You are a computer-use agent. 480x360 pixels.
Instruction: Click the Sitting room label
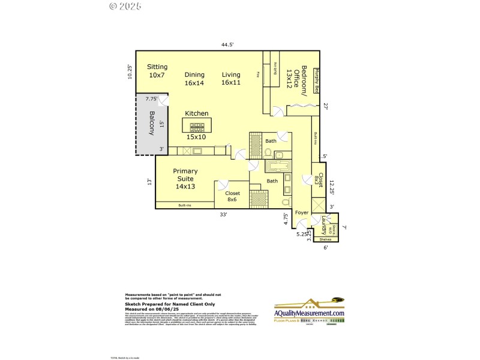tap(157, 71)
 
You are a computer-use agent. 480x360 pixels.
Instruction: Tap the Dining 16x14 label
tap(194, 79)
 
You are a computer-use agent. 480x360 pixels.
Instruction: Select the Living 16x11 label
tap(231, 79)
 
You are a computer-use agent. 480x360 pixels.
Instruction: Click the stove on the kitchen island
tap(197, 127)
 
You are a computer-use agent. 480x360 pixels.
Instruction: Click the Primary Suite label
tap(185, 179)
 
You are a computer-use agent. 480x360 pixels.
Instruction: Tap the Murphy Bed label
tap(317, 80)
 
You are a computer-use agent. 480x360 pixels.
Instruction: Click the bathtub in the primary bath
tap(277, 166)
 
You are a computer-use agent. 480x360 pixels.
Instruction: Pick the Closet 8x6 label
tap(233, 197)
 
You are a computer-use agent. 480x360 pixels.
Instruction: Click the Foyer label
tap(301, 212)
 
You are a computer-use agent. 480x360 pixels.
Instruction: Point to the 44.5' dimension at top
tap(227, 44)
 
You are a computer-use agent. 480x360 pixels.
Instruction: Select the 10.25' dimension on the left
tap(130, 73)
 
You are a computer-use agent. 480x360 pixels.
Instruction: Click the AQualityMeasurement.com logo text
tap(310, 313)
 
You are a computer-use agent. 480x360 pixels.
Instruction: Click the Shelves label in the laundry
tap(325, 239)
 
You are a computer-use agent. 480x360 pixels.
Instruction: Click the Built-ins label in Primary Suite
tap(185, 205)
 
